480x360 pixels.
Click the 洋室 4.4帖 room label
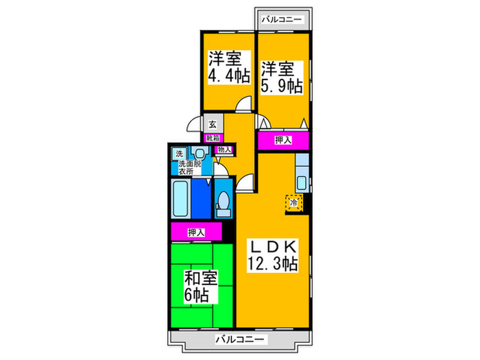(x=228, y=67)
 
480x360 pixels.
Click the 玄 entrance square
(x=213, y=125)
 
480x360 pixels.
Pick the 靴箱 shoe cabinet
(x=212, y=137)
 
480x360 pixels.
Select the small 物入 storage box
(x=224, y=149)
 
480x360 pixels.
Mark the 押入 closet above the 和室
(x=196, y=232)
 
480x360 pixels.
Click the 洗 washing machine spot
(x=179, y=154)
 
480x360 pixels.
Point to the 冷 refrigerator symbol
(x=294, y=204)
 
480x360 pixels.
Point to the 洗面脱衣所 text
(x=189, y=167)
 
